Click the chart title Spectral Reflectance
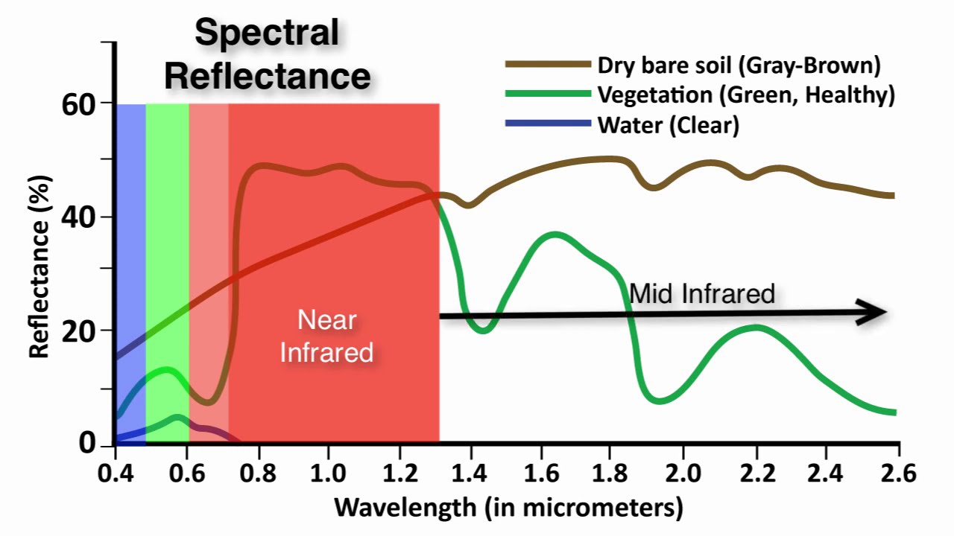[268, 54]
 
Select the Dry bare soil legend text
[739, 66]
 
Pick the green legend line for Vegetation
[547, 95]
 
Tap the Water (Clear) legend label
[668, 125]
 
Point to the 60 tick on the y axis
[79, 103]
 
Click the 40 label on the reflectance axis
[78, 217]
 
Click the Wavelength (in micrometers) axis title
[508, 508]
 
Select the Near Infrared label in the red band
[326, 336]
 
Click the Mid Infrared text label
[702, 293]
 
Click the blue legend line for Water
[547, 124]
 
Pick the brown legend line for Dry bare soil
[547, 65]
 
